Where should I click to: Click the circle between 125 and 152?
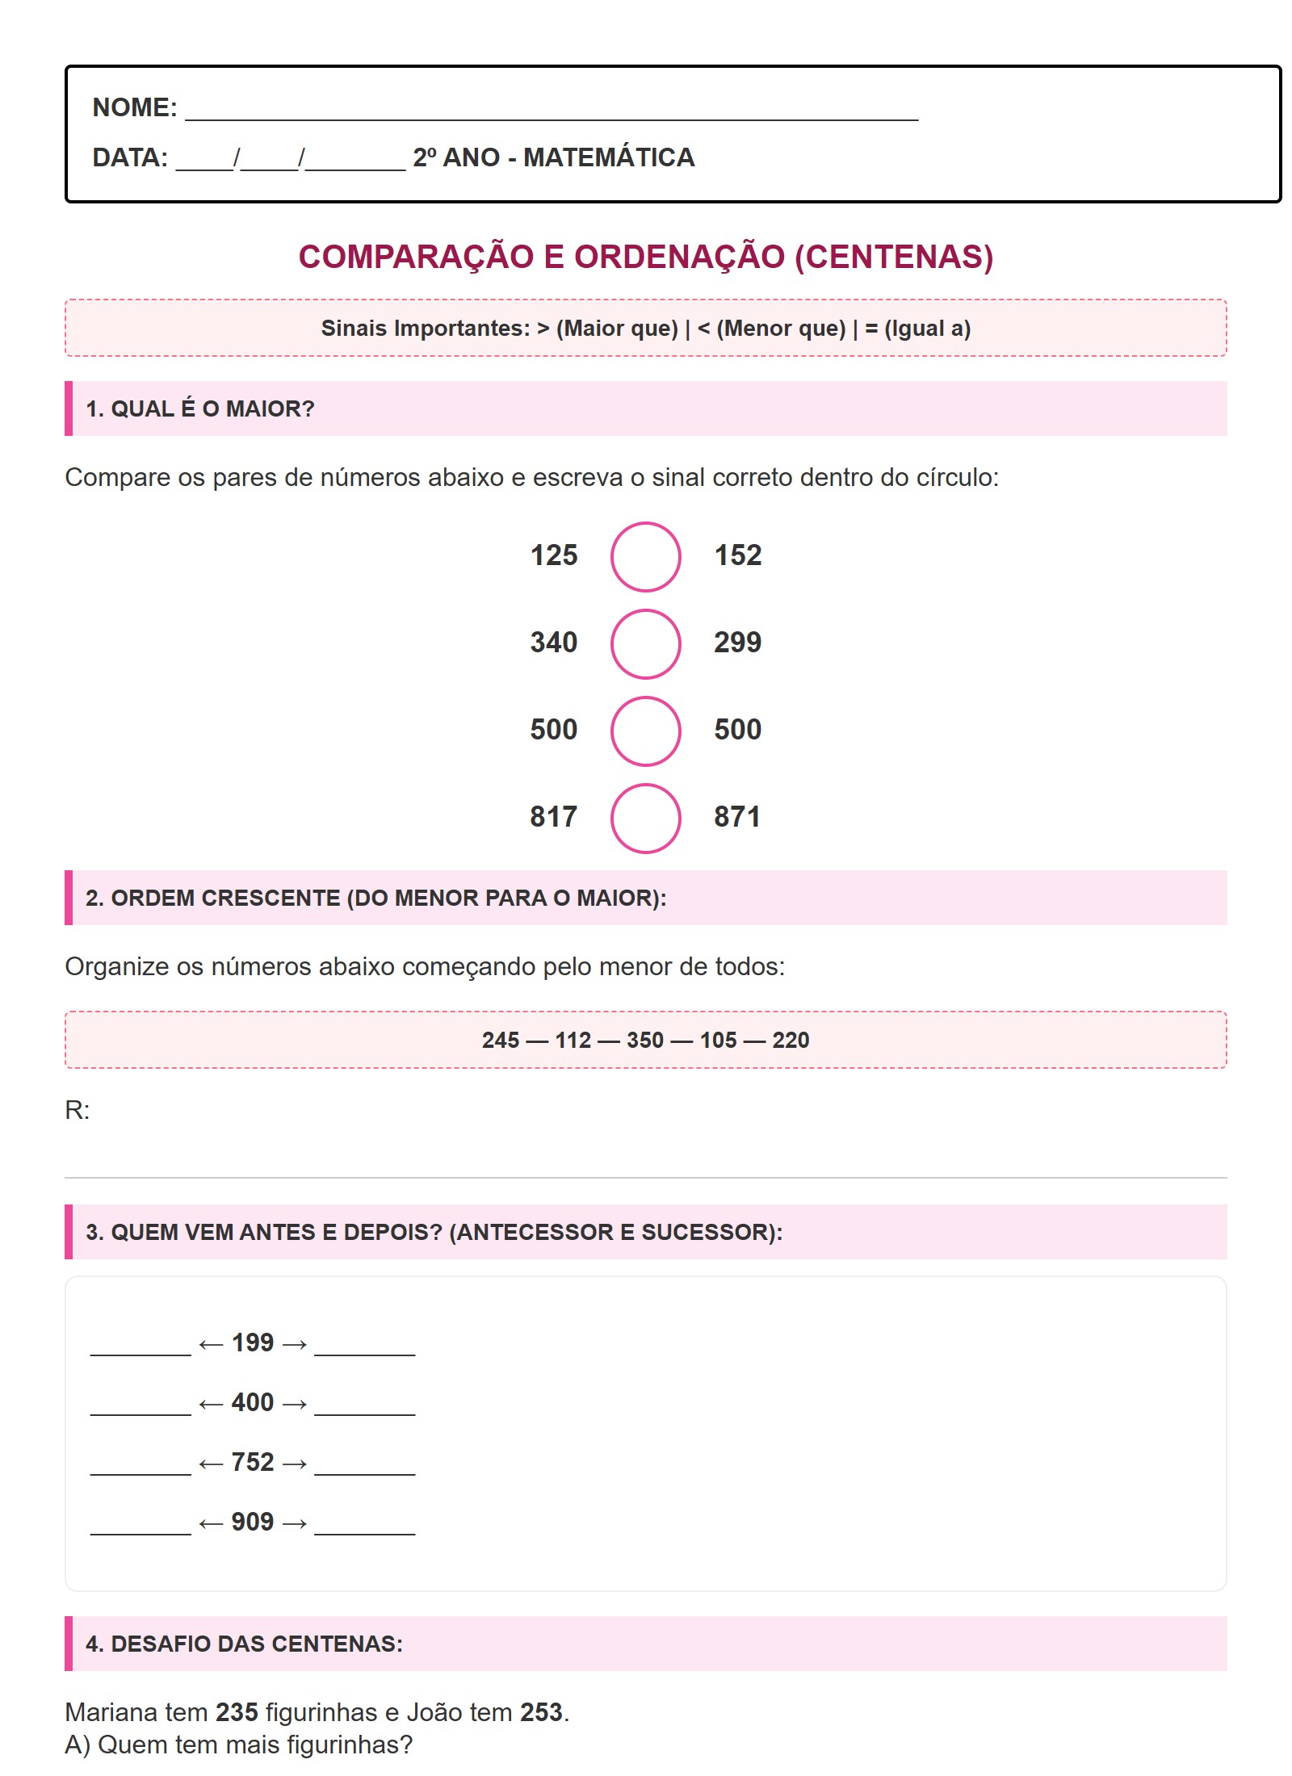tap(645, 556)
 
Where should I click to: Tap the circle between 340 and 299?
tap(645, 643)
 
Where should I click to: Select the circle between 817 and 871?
tap(645, 818)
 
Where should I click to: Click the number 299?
tap(737, 643)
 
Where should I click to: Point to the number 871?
tap(737, 817)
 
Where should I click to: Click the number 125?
tap(554, 555)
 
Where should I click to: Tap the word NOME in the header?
tap(132, 107)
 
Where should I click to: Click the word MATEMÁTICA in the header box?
tap(609, 157)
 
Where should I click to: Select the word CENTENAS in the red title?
tap(894, 257)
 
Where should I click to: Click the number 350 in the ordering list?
tap(645, 1040)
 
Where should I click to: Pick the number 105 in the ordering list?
tap(718, 1040)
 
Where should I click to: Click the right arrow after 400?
tap(295, 1405)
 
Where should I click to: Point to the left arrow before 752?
tap(211, 1464)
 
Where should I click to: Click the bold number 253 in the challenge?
tap(541, 1711)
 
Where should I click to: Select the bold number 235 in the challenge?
tap(237, 1711)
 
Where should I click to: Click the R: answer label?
tap(78, 1110)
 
